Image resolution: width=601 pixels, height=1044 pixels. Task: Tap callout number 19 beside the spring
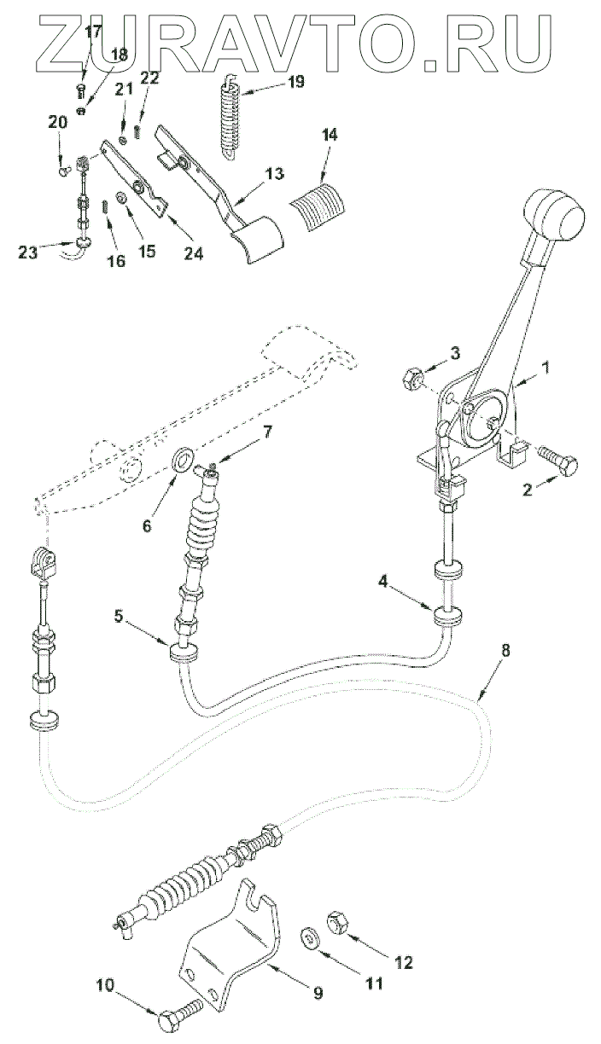(295, 82)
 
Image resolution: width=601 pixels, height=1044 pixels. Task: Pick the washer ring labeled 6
(182, 462)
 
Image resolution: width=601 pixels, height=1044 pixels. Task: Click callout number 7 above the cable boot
(267, 432)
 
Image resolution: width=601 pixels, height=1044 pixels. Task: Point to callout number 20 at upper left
(58, 123)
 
